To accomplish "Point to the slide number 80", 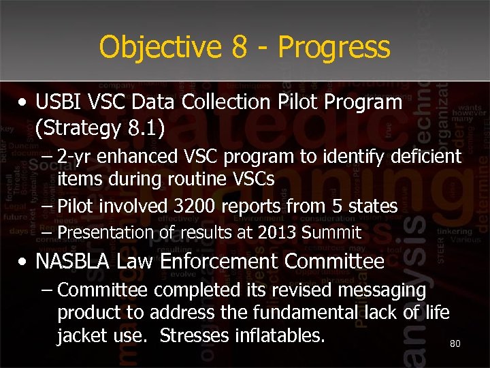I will (x=455, y=344).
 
